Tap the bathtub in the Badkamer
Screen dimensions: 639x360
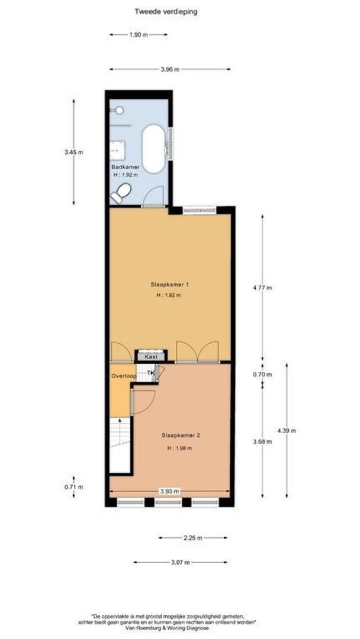[x=153, y=149]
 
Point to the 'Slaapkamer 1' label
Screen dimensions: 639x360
[x=169, y=284]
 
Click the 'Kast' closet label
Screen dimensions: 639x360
[x=150, y=357]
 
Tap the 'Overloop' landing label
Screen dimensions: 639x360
[x=124, y=376]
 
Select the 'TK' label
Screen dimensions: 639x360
[x=151, y=373]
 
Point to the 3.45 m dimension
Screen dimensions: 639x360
[x=73, y=152]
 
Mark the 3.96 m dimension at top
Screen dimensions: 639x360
[x=170, y=69]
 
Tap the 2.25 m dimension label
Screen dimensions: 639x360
[x=193, y=538]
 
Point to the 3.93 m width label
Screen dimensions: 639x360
[x=169, y=490]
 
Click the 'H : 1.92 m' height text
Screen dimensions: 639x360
[x=126, y=175]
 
